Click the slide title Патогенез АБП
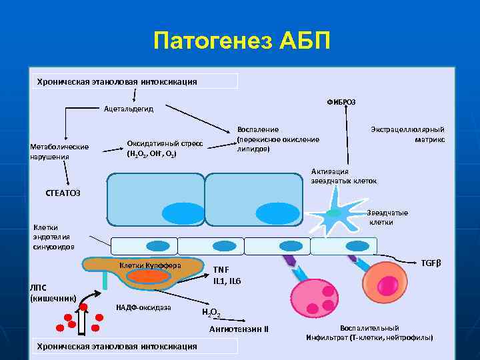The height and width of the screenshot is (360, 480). click(241, 41)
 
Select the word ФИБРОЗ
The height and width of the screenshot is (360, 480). click(341, 101)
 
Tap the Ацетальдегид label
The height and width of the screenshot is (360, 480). click(128, 109)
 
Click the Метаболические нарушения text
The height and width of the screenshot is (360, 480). click(59, 151)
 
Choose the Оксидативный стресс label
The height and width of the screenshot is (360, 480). click(165, 148)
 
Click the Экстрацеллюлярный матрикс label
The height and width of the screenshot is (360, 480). click(408, 135)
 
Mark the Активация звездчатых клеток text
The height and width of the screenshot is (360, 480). click(344, 176)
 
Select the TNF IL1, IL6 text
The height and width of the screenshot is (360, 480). click(227, 275)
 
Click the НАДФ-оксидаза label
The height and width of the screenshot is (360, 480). click(143, 307)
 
